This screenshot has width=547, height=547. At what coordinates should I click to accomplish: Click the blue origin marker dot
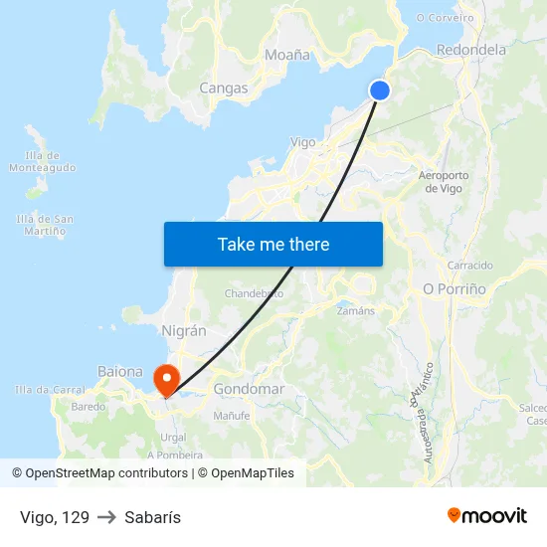click(x=380, y=91)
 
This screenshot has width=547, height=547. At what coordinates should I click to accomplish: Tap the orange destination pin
click(x=165, y=380)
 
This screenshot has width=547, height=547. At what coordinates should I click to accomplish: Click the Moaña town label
click(x=287, y=56)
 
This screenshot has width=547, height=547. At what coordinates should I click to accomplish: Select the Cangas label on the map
click(x=224, y=89)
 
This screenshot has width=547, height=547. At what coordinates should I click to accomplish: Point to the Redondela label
click(x=471, y=50)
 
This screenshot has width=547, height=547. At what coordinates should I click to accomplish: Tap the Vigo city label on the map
click(x=302, y=142)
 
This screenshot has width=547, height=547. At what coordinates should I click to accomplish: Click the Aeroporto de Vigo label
click(x=444, y=182)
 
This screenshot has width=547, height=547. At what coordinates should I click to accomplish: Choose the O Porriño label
click(x=455, y=288)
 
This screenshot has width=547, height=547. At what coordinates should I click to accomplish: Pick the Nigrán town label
click(x=184, y=331)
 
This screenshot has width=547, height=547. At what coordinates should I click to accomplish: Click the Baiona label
click(x=120, y=372)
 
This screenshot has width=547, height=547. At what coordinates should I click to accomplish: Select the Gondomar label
click(x=249, y=389)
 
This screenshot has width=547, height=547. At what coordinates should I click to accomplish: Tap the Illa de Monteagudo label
click(x=42, y=161)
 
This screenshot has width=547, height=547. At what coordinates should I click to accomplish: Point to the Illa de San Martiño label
click(x=46, y=225)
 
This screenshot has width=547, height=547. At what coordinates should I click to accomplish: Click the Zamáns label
click(x=356, y=310)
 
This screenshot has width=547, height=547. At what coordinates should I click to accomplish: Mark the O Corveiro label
click(x=445, y=18)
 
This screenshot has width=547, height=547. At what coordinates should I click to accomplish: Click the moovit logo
click(x=487, y=516)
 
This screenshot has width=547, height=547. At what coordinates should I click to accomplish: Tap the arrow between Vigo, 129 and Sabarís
click(x=106, y=517)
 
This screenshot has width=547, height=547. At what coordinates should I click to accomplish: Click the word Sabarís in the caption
click(x=152, y=517)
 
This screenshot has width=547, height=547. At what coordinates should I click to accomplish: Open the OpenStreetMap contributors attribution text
click(x=106, y=473)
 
